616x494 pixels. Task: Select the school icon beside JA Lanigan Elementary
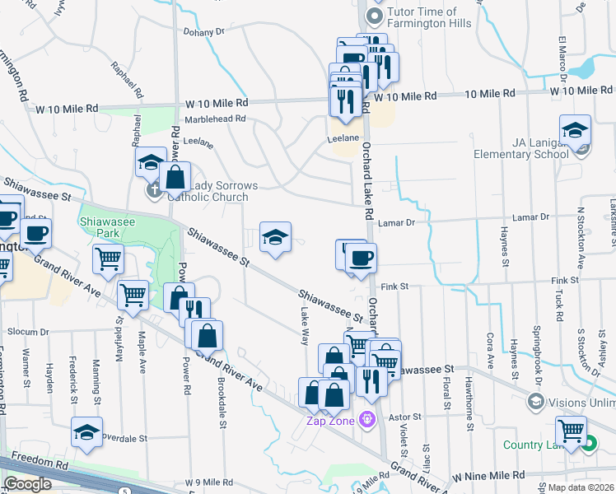pos(575,131)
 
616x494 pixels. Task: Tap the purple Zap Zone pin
pos(366,421)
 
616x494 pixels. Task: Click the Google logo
pos(27,484)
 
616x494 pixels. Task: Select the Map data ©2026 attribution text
pos(581,487)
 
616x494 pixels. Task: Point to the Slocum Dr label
pos(29,331)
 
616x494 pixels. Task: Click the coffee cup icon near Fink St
pos(360,259)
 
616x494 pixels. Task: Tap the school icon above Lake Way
pos(276,238)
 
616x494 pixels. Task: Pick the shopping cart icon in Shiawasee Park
pos(108,259)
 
